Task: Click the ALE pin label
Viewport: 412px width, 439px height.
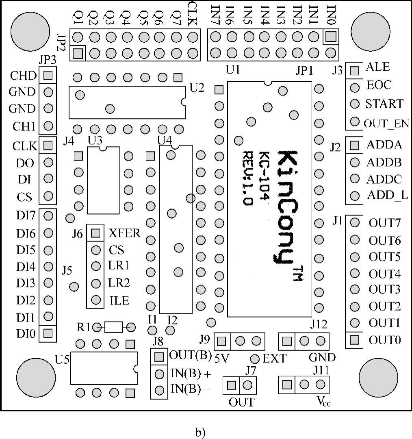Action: tap(377, 67)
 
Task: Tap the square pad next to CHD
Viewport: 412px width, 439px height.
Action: tap(48, 75)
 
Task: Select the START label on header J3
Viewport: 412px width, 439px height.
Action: tap(384, 104)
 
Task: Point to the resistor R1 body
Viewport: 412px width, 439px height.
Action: tap(113, 327)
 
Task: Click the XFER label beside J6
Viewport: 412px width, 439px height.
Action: tap(125, 233)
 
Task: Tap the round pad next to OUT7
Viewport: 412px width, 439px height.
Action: tap(355, 223)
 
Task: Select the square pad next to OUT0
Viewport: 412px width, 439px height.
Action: tap(355, 340)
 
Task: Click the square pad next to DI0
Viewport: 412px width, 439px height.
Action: tap(48, 333)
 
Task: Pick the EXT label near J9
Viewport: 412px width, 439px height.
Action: tap(275, 359)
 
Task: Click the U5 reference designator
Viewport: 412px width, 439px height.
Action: tap(62, 359)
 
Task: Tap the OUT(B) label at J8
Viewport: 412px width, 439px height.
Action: tap(190, 355)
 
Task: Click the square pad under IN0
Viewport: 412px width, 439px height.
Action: tap(331, 37)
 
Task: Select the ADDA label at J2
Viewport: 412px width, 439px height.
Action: tap(384, 145)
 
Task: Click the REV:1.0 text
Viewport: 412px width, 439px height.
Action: tap(248, 178)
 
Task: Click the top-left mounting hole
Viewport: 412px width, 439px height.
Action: tap(30, 31)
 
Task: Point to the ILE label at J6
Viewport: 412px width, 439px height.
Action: tap(119, 301)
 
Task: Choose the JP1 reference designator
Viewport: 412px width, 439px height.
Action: tap(304, 71)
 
